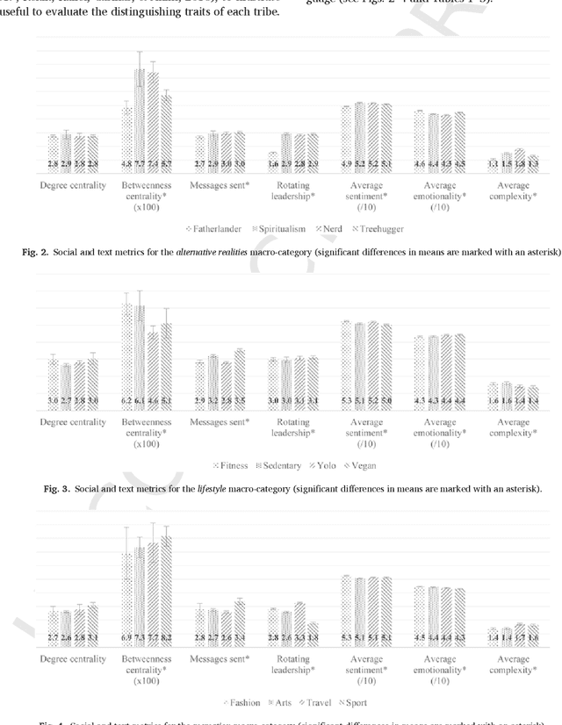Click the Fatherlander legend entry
[x=217, y=228]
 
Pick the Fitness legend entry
[x=230, y=466]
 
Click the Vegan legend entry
[x=359, y=466]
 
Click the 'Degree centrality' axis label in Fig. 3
[x=73, y=422]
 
